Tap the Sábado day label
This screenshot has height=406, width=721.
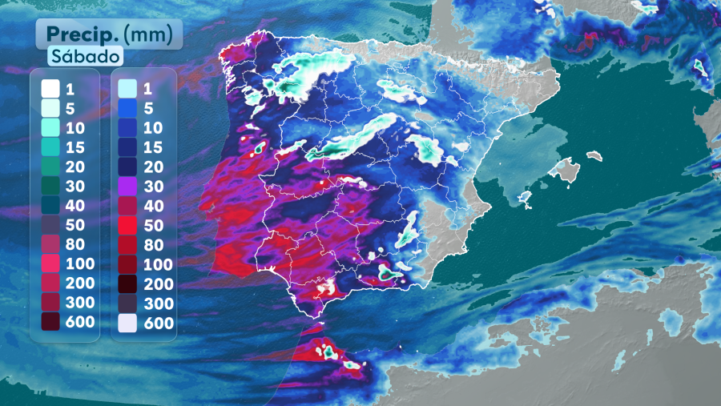pos(85,57)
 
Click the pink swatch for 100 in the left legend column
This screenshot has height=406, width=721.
pos(50,263)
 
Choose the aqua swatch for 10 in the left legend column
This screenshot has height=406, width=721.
pos(50,127)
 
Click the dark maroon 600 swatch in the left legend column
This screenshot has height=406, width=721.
pos(50,322)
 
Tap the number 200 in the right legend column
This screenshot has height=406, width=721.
pos(158,283)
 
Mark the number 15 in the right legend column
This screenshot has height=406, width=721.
pos(154,146)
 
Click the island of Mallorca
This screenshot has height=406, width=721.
pos(566,170)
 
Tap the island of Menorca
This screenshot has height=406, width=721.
pos(594,155)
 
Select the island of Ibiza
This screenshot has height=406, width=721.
pos(526,197)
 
